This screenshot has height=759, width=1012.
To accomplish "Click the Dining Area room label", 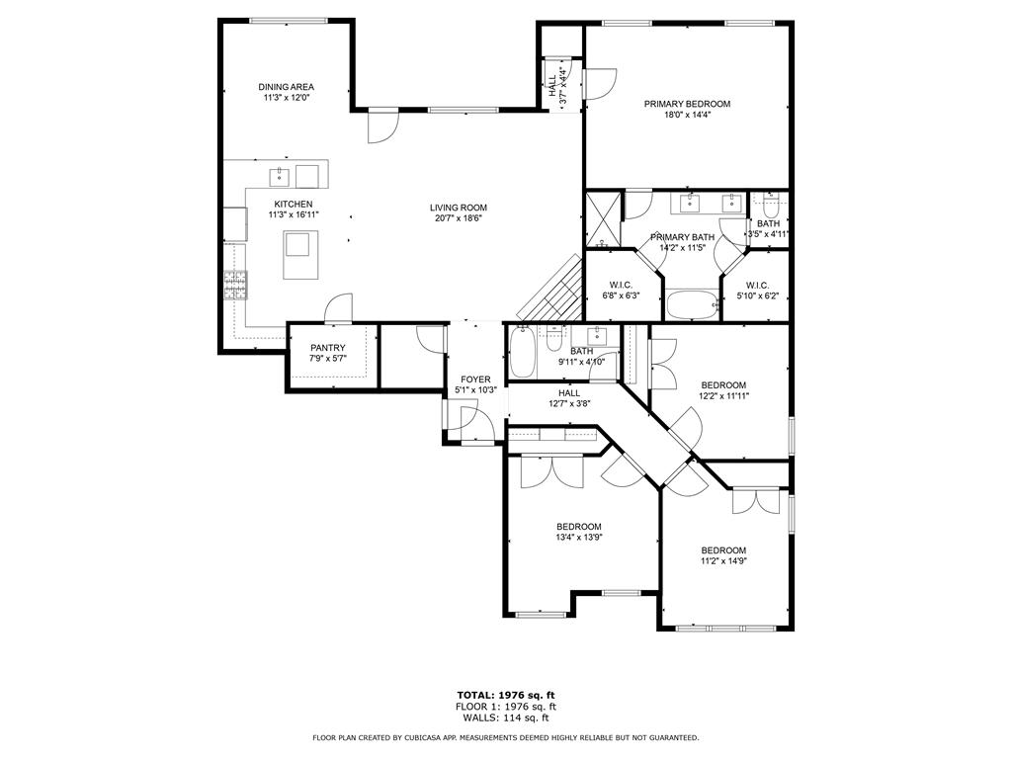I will tap(287, 87).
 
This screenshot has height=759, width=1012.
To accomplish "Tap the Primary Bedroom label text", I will tap(687, 104).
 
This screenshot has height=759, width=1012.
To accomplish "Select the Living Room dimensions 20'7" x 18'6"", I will tap(459, 219).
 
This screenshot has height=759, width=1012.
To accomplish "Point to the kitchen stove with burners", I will tap(235, 286).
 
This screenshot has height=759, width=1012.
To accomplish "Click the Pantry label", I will tap(327, 348).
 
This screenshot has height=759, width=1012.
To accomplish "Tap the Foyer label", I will tap(474, 379).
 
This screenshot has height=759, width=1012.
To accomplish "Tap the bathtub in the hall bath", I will tap(523, 353).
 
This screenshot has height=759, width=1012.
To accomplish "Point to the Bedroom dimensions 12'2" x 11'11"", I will tap(723, 396).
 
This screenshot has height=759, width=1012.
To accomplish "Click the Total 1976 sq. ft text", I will tap(505, 695).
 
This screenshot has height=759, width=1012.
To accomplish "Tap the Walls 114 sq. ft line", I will tap(505, 718).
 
